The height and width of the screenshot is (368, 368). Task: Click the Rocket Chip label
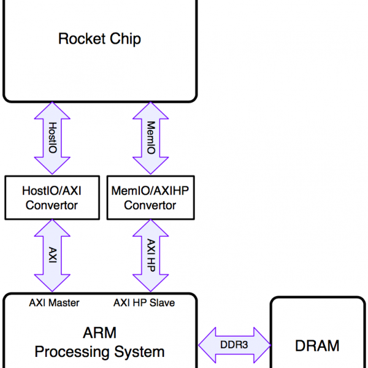[x=99, y=39]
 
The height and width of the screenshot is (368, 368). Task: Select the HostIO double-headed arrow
[x=52, y=138]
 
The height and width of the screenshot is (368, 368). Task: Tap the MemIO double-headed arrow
[x=150, y=138]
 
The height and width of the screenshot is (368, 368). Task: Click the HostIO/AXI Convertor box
[x=52, y=197]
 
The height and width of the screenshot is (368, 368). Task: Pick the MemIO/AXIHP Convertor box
[x=150, y=197]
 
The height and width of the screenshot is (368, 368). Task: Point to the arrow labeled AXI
[x=52, y=255]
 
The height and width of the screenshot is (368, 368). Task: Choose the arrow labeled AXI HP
[x=150, y=255]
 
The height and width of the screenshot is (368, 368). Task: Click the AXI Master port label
[x=54, y=303]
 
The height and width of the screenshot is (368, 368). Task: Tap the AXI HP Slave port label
[x=144, y=303]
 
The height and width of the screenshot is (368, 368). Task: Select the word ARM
[x=99, y=333]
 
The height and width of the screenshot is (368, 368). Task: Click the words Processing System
[x=99, y=352]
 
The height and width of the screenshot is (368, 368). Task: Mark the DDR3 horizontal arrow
[x=234, y=345]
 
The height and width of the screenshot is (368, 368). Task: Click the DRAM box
[x=318, y=333]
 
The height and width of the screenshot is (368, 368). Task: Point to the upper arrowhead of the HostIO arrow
[x=52, y=112]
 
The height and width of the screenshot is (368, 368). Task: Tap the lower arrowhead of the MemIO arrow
[x=150, y=165]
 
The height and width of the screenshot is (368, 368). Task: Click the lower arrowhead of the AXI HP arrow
[x=150, y=282]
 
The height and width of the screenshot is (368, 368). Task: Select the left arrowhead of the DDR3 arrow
[x=208, y=345]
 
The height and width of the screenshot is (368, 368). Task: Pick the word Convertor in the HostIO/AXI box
[x=52, y=205]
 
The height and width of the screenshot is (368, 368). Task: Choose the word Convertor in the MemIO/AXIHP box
[x=150, y=205]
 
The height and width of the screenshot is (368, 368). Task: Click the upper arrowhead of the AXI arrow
[x=52, y=229]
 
